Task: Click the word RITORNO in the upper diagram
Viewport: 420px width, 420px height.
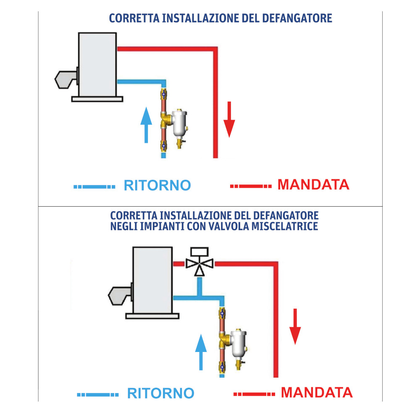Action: tap(157, 185)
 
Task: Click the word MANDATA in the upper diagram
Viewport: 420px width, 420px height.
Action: tap(313, 184)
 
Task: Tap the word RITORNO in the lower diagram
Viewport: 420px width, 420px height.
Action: tap(160, 394)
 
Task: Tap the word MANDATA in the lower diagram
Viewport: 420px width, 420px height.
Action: tap(317, 393)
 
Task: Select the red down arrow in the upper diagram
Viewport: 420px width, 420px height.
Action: tap(229, 120)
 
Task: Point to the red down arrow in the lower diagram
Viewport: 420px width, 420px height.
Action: tap(295, 327)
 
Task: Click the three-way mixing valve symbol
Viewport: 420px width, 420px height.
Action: tap(200, 264)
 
